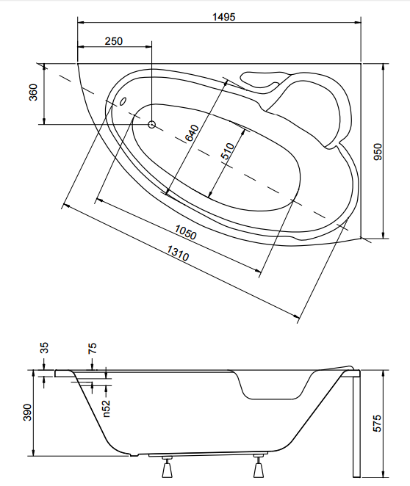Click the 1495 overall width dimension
coord(223,17)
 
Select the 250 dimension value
coord(113,41)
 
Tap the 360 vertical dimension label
coord(33,92)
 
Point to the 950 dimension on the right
coord(378,151)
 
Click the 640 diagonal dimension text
coord(192,133)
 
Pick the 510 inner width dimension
coord(228,151)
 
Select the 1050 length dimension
coord(185,232)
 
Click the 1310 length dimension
coord(178,253)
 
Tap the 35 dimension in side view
coord(44,348)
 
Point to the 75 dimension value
coord(92,348)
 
